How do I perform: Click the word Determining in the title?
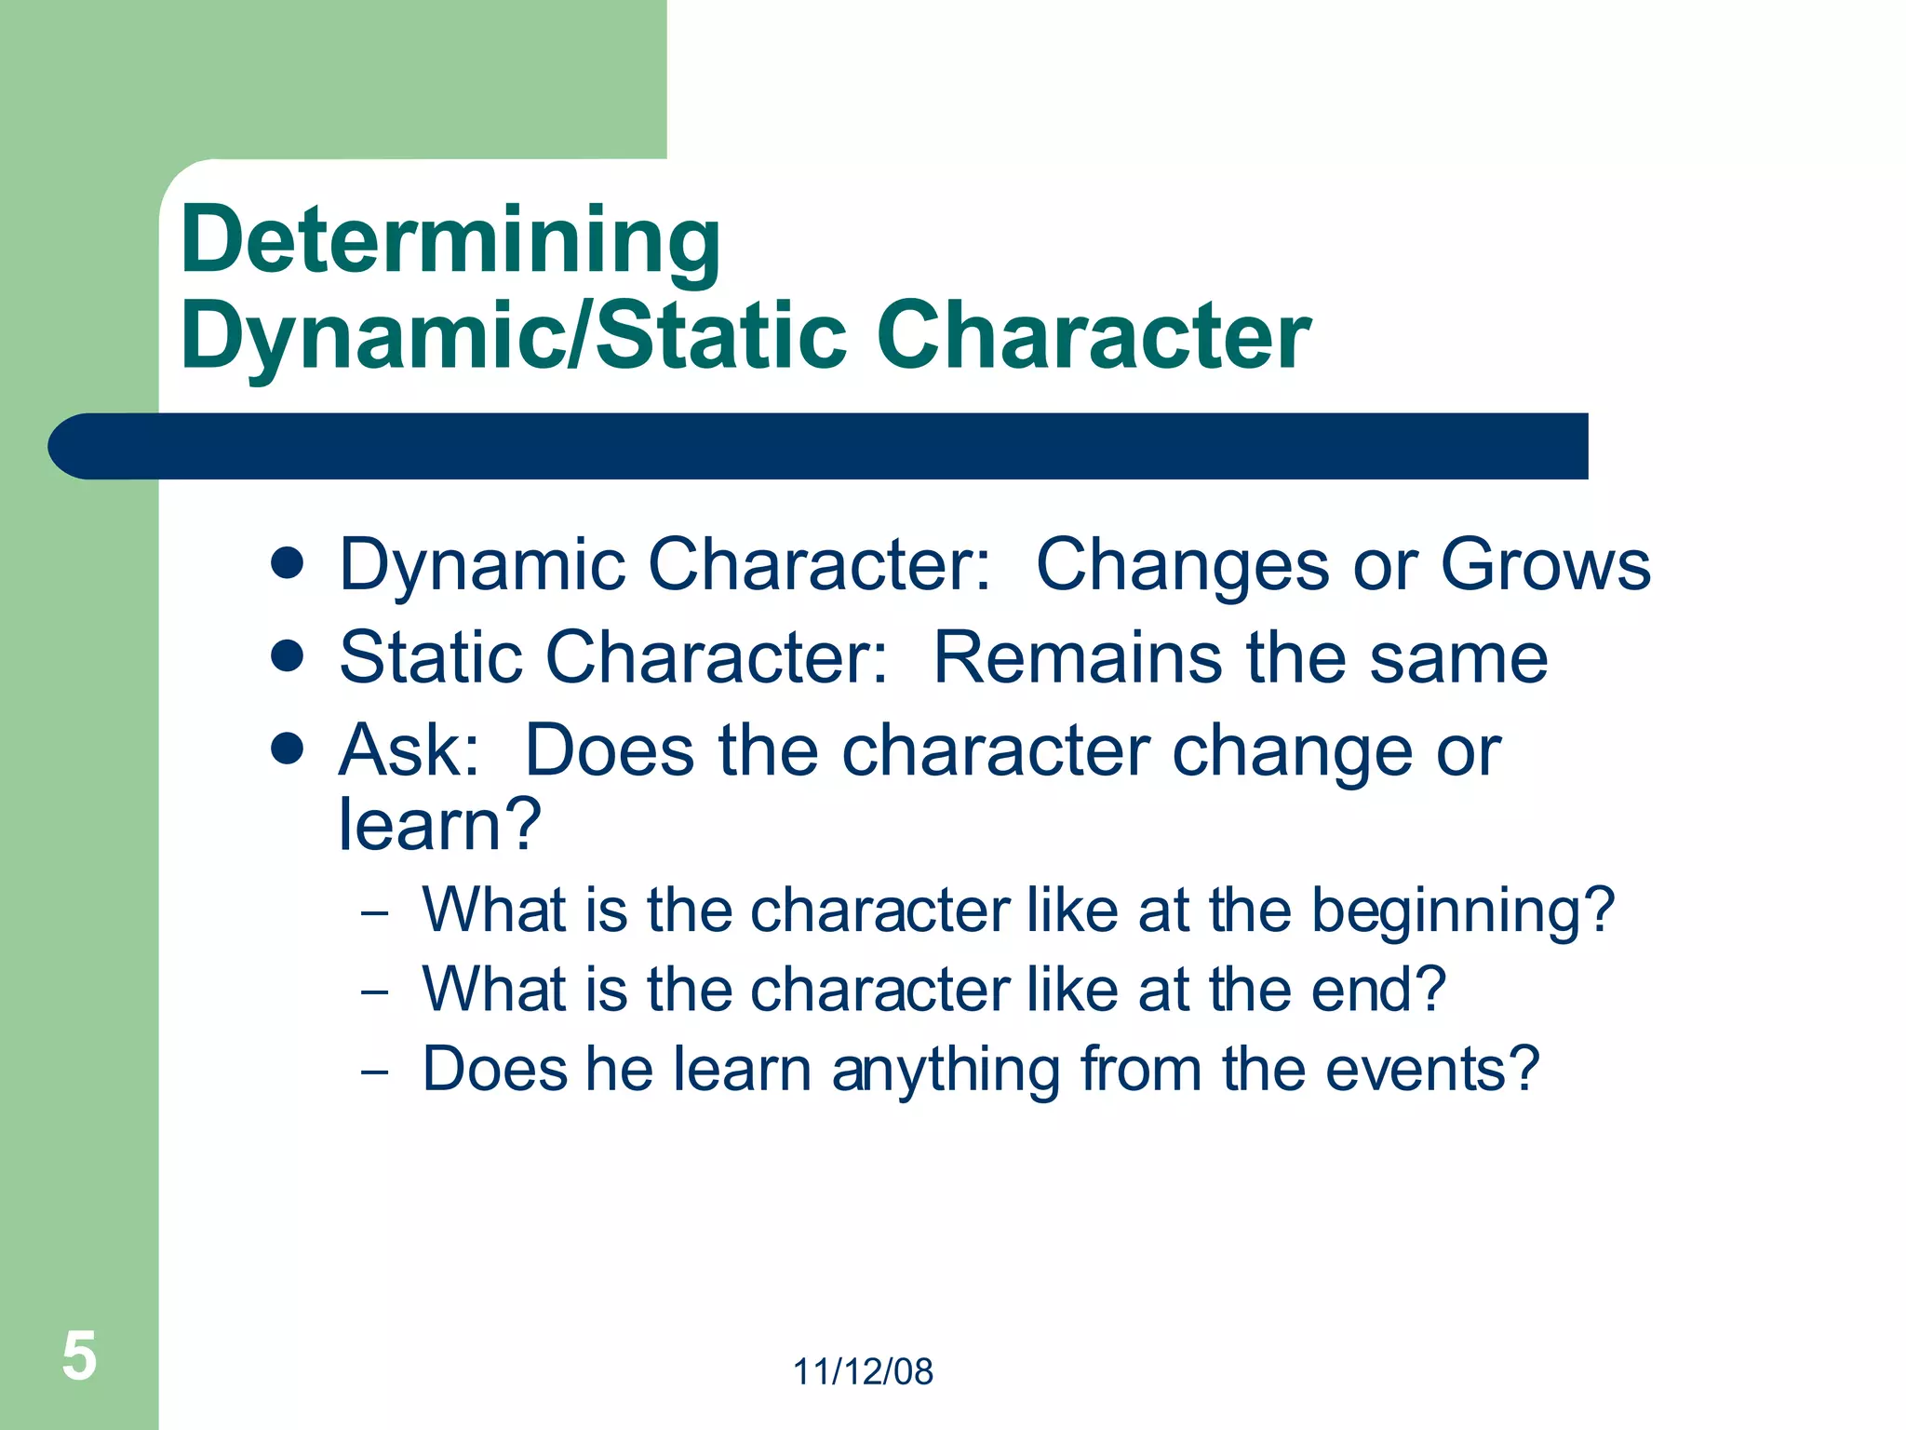point(450,240)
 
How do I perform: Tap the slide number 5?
point(79,1356)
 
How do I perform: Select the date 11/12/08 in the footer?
point(863,1371)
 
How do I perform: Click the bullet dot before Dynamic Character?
point(288,563)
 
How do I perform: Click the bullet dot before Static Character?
point(288,655)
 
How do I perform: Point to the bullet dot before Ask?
point(288,749)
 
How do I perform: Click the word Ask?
point(409,750)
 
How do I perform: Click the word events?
point(1432,1069)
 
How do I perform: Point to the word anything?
point(946,1071)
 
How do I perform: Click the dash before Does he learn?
point(374,1072)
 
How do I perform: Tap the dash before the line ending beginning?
point(374,912)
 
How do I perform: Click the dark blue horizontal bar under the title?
point(819,446)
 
